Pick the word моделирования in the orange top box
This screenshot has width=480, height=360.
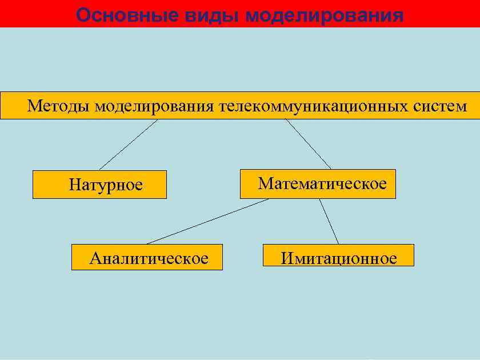(154, 106)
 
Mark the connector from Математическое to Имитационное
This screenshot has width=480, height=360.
(329, 221)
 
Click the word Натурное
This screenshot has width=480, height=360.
(106, 185)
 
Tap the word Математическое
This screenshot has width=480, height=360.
(322, 183)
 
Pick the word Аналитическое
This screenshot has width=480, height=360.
(149, 258)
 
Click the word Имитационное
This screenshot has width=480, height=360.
(338, 258)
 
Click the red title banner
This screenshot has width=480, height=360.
(446, 14)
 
